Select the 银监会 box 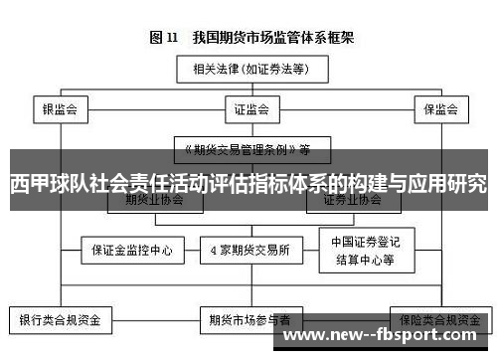[61, 108]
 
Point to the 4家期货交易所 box [249, 249]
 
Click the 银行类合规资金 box [61, 320]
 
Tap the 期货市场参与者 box [249, 320]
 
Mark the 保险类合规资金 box [437, 320]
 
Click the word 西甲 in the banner [31, 184]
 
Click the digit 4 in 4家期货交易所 [213, 249]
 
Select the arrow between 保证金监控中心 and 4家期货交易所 [191, 249]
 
